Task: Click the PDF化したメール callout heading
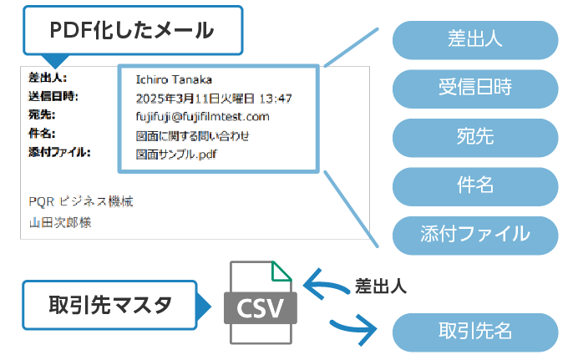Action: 131,32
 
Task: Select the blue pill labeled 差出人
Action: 474,39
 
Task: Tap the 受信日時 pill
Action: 474,88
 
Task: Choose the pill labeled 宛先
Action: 474,137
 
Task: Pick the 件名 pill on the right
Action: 474,185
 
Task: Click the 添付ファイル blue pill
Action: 474,233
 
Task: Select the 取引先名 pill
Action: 474,330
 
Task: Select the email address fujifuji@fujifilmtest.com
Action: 202,116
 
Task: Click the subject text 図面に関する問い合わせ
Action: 192,135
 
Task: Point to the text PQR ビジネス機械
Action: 80,201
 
